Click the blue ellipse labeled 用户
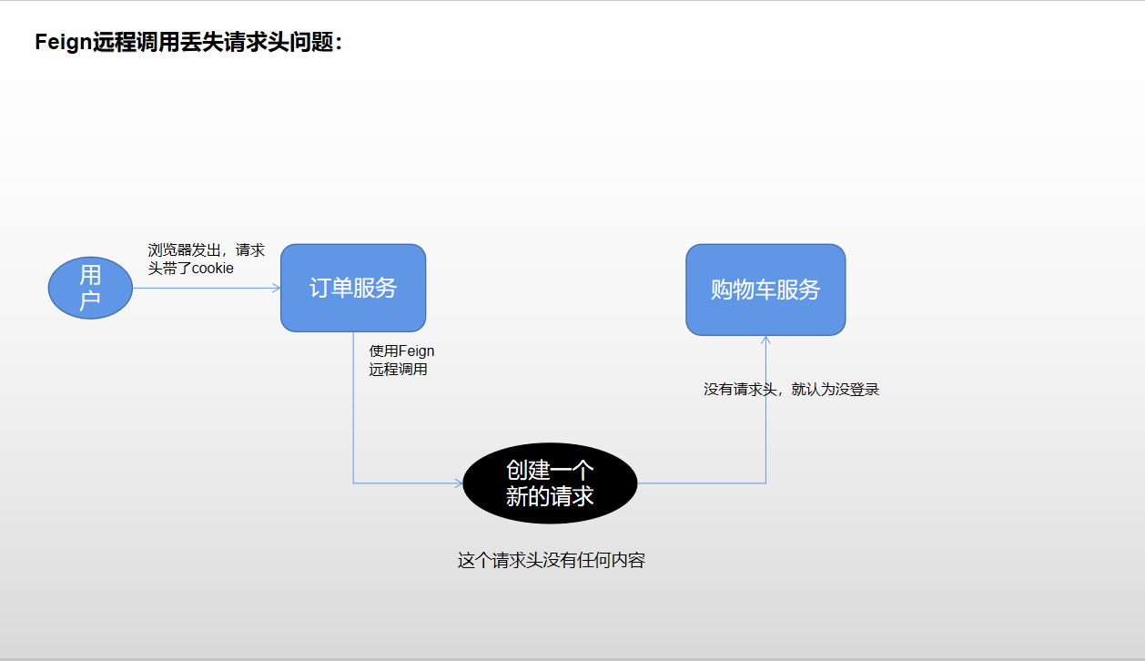point(90,288)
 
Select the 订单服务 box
point(353,288)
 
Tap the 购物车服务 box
point(765,290)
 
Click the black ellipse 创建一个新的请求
point(550,483)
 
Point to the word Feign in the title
point(64,43)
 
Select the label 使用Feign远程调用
point(401,361)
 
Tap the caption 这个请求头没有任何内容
point(551,561)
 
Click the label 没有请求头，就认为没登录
point(791,390)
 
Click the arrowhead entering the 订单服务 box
point(277,288)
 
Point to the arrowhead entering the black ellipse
point(460,483)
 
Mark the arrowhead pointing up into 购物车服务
point(765,340)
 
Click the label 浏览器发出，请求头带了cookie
point(206,259)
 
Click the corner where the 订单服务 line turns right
point(353,483)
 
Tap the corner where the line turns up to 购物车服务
point(765,483)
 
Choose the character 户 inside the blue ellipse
point(90,300)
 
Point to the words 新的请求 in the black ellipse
point(550,496)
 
